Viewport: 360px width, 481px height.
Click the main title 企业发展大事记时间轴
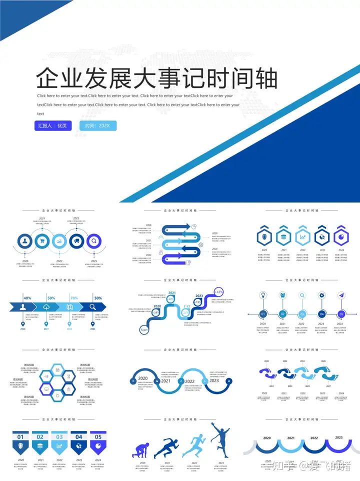click(x=157, y=79)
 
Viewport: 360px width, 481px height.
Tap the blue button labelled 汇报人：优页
click(x=53, y=125)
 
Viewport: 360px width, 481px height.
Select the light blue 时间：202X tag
click(x=97, y=125)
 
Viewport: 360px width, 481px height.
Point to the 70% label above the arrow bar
click(x=74, y=298)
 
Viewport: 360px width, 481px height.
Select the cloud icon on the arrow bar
click(x=46, y=307)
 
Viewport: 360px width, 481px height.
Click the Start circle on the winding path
click(x=144, y=330)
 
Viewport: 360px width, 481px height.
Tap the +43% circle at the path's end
click(x=218, y=292)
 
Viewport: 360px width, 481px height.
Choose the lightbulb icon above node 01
click(x=263, y=295)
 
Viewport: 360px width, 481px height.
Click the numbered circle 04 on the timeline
click(x=322, y=314)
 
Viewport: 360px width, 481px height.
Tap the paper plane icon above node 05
click(x=341, y=295)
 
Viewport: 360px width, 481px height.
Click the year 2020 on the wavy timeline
click(x=142, y=378)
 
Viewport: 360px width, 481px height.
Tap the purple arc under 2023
click(x=339, y=446)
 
